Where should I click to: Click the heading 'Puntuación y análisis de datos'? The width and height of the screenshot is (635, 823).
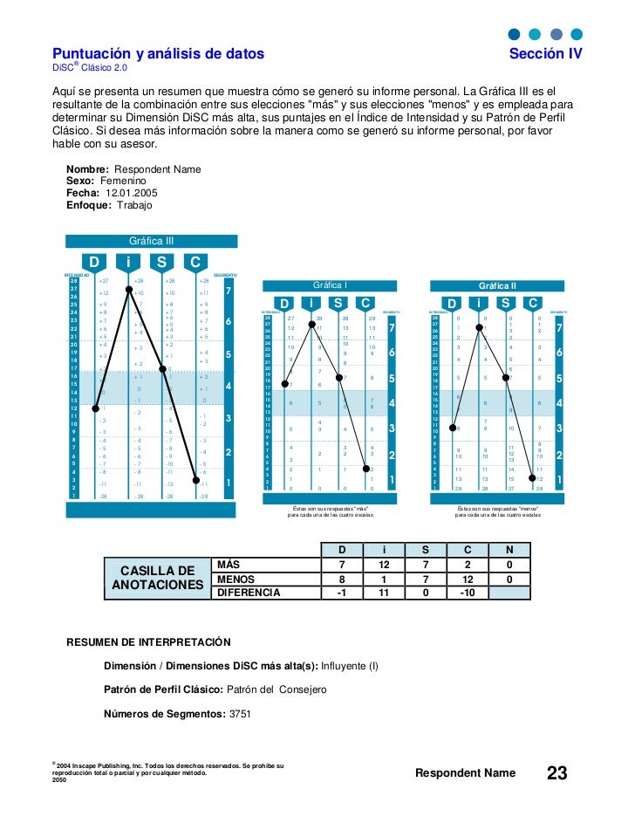click(x=158, y=54)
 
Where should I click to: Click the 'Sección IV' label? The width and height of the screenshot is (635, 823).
click(x=546, y=54)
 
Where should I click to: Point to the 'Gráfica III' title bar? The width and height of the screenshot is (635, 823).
click(x=151, y=240)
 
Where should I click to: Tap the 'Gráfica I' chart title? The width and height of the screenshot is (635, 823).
click(x=330, y=285)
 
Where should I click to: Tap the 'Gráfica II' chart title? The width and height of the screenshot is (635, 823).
click(x=497, y=285)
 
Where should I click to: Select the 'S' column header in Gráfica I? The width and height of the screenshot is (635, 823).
click(x=338, y=303)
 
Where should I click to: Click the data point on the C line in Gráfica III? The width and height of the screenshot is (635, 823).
click(x=197, y=480)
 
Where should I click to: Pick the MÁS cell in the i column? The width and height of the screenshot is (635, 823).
click(x=385, y=566)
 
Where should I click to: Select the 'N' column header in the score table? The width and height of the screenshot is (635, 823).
click(x=509, y=550)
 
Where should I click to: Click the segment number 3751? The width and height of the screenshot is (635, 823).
click(x=241, y=713)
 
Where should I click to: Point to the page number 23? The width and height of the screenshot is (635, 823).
click(x=556, y=773)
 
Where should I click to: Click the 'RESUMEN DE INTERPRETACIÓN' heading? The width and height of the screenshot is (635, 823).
click(x=149, y=642)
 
